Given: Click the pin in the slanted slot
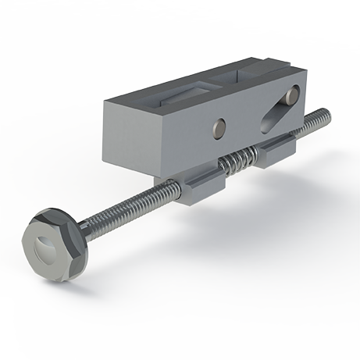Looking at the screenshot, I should click(291, 96).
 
